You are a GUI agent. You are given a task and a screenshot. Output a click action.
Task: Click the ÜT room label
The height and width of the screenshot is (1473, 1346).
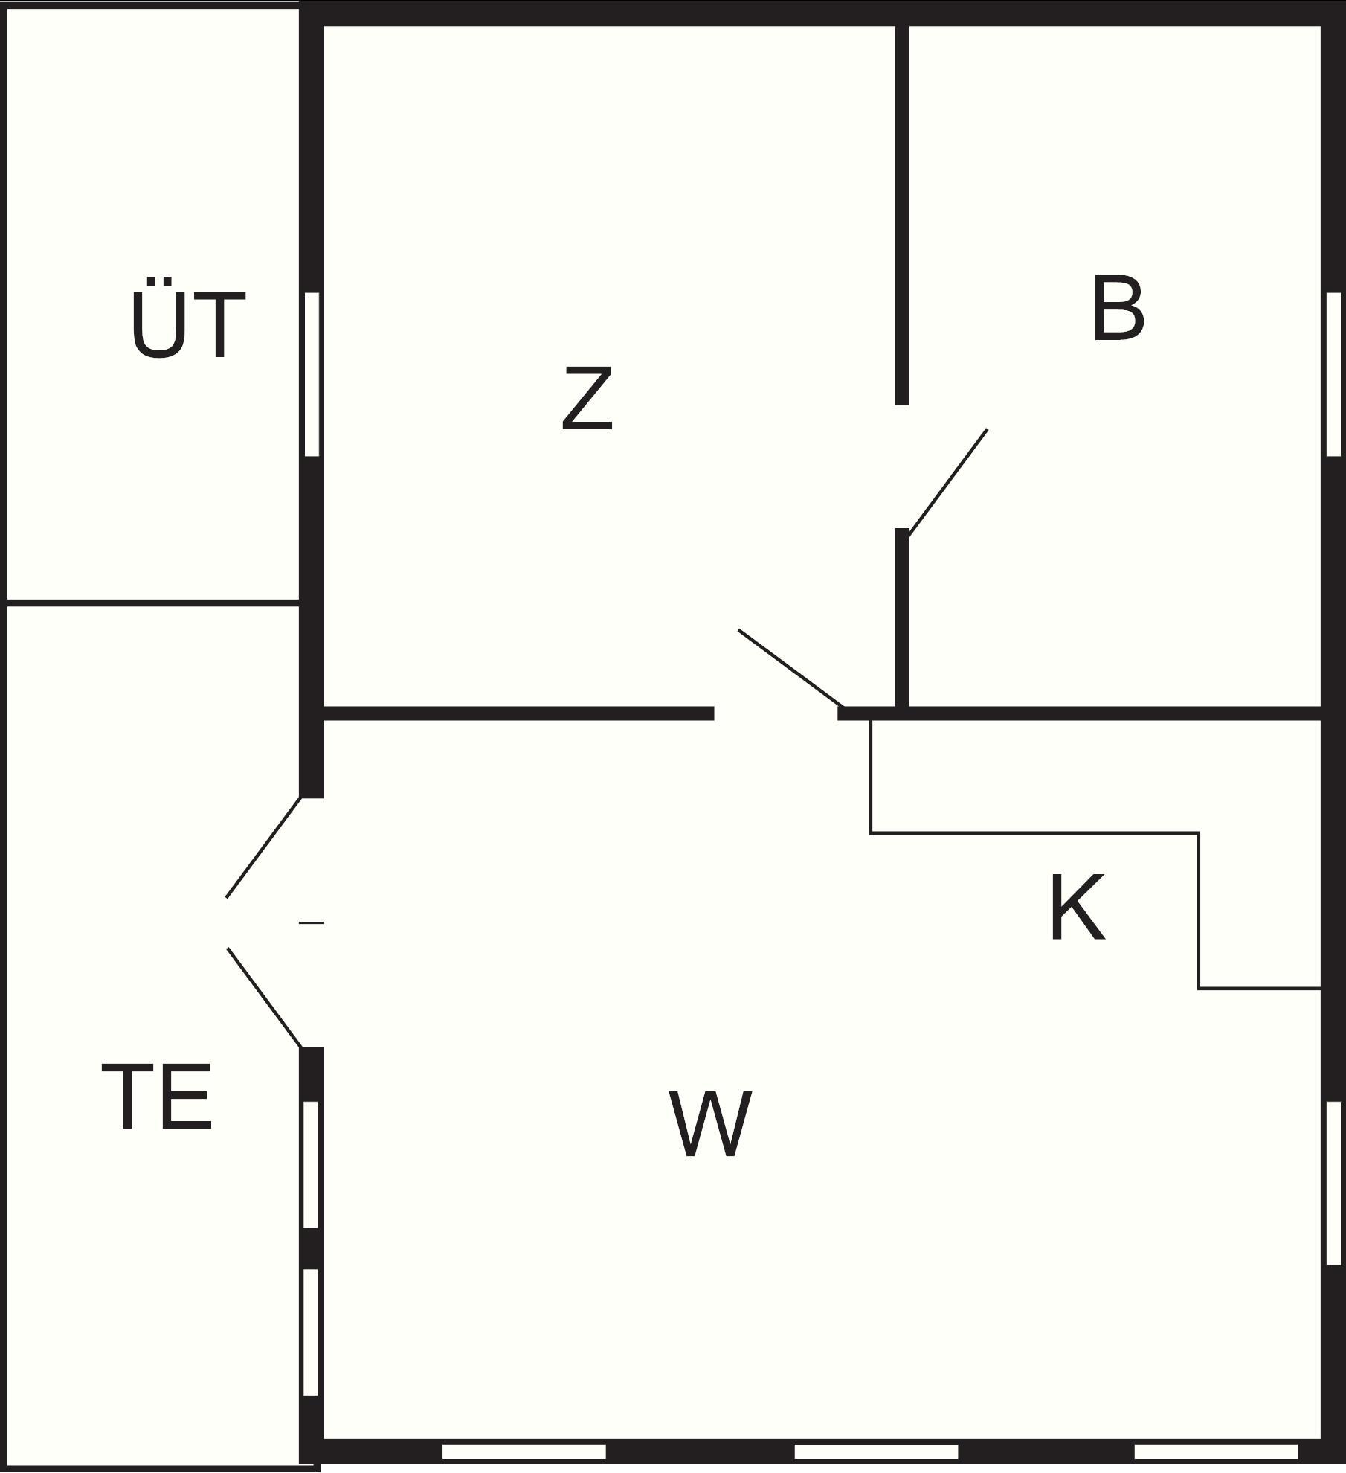[x=187, y=320]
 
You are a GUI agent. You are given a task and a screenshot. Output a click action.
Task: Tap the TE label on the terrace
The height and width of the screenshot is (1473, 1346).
[x=157, y=1097]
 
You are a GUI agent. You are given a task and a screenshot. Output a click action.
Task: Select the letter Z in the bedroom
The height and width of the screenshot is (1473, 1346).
[x=587, y=399]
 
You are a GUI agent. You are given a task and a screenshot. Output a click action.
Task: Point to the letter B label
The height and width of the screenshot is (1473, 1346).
[x=1118, y=309]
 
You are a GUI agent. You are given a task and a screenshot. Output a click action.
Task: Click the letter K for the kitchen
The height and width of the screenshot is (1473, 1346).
[x=1076, y=909]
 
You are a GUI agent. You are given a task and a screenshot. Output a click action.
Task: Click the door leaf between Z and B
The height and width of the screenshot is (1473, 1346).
[x=948, y=481]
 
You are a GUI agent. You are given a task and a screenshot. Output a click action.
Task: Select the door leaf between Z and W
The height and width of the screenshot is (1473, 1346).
[x=790, y=668]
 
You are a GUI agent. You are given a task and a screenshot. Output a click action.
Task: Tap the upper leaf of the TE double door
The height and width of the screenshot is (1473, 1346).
[x=263, y=847]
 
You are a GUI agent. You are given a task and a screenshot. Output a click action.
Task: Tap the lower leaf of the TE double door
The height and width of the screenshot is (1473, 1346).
[x=264, y=998]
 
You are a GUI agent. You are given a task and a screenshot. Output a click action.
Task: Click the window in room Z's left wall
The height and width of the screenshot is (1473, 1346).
[x=312, y=374]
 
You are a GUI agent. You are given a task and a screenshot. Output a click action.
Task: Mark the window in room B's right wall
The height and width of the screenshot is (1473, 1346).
[x=1333, y=374]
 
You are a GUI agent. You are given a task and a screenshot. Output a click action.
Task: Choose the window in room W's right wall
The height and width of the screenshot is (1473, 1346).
[x=1333, y=1183]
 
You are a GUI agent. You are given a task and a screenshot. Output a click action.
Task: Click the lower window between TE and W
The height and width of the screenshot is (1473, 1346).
[x=311, y=1332]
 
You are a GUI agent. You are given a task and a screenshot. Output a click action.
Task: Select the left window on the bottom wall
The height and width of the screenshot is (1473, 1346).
[x=524, y=1451]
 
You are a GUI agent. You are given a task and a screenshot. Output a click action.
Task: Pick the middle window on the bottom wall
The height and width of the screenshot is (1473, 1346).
[x=876, y=1451]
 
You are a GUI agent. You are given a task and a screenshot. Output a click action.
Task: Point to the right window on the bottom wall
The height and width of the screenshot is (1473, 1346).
[x=1215, y=1451]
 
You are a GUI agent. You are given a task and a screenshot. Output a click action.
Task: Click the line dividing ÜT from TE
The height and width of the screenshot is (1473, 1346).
[x=152, y=602]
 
